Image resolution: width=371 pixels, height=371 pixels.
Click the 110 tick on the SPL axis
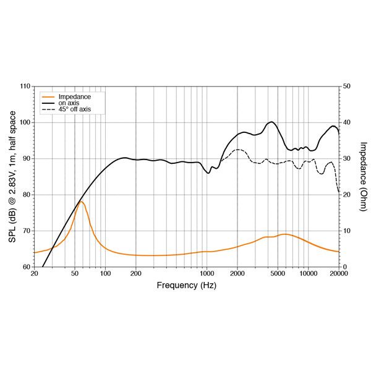point(25,86)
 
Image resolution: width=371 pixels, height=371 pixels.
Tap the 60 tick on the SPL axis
point(27,267)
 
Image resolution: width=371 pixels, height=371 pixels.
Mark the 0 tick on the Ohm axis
point(344,267)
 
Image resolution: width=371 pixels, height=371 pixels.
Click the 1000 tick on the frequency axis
point(207,273)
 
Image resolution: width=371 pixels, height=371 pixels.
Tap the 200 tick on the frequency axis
point(136,273)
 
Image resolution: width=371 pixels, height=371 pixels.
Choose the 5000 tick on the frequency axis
point(278,273)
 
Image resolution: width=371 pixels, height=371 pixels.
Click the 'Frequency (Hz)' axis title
point(186,285)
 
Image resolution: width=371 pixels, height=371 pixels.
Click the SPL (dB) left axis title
point(12,176)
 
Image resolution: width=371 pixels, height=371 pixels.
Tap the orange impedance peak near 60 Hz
point(81,202)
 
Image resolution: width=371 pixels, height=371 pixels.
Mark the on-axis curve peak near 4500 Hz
point(271,122)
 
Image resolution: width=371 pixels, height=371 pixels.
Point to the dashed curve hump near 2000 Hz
point(238,150)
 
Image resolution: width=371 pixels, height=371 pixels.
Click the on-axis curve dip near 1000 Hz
point(209,173)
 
